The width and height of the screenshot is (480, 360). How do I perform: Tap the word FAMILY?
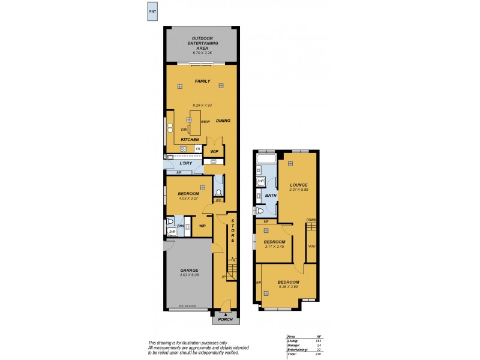pos(202,81)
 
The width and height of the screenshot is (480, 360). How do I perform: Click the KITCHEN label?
pos(190,140)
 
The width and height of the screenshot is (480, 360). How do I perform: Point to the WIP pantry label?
pos(214,152)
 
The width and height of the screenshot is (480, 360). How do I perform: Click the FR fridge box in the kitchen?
pos(197,148)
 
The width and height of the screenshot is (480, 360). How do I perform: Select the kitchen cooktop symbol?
pos(184,148)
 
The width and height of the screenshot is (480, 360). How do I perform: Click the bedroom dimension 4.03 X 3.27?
pos(188,199)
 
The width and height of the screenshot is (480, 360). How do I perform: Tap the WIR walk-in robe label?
pos(202,226)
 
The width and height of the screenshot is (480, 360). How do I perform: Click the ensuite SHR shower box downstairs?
pos(172,232)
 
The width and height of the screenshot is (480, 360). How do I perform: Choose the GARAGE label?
pos(189,271)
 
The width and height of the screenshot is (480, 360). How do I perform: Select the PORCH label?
pos(226,319)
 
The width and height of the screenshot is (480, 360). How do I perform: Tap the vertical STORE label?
pos(233,231)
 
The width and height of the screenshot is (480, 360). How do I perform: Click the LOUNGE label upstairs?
pos(299,185)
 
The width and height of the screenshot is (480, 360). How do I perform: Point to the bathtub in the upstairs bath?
pos(265,160)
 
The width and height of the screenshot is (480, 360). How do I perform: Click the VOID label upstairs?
pos(311,247)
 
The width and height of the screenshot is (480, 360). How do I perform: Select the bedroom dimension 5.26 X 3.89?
pos(288,286)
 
